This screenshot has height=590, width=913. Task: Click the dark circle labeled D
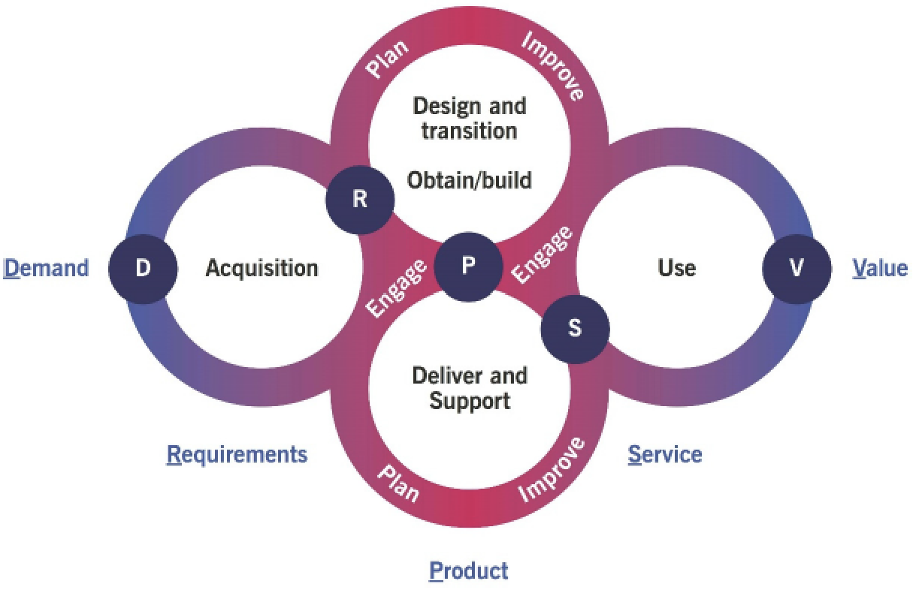point(143,268)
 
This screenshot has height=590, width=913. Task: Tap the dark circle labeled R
point(360,200)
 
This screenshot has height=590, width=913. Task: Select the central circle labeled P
point(468,266)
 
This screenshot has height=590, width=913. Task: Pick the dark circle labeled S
point(575,330)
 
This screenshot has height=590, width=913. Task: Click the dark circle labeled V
point(797,268)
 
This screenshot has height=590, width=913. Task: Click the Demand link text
point(47,268)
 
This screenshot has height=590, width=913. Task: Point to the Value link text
point(880,268)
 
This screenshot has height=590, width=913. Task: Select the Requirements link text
point(237,454)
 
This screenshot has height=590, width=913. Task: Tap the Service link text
point(665,454)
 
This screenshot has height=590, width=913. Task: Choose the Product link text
point(468,570)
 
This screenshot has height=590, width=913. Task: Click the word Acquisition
point(262,268)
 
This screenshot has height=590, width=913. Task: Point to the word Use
point(676,268)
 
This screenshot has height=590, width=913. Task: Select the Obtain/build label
point(469,180)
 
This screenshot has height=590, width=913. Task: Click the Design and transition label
point(469,117)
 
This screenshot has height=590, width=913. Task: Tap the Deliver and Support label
point(469,387)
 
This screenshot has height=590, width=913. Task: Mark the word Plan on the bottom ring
point(398,483)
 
